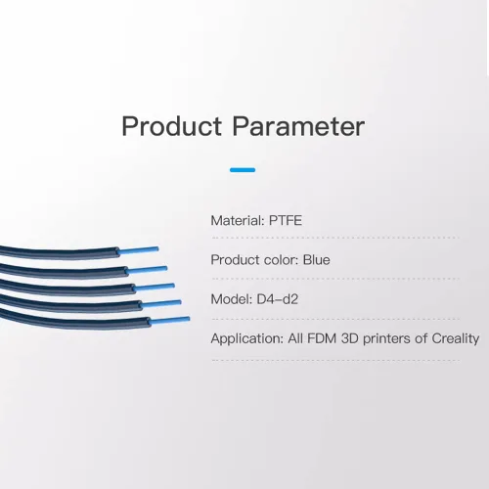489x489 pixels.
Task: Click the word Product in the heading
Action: [x=171, y=126]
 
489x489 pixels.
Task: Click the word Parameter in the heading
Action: [x=298, y=126]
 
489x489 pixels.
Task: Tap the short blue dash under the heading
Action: [x=243, y=170]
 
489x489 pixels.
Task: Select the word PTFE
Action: [x=286, y=221]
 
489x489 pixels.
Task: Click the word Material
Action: [x=238, y=221]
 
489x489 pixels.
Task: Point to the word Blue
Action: [x=317, y=260]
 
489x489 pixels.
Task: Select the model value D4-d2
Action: [x=278, y=299]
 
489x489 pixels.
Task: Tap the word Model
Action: [x=232, y=299]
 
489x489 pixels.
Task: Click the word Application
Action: [x=247, y=339]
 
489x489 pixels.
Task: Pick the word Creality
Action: [x=456, y=339]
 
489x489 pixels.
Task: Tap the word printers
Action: [x=386, y=339]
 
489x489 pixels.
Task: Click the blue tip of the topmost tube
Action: [x=139, y=250]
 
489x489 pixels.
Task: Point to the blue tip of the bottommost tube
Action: [x=170, y=320]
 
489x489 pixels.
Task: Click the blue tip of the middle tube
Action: [x=155, y=288]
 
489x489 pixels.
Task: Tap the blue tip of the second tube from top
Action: [x=147, y=270]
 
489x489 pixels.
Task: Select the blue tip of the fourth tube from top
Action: [x=161, y=303]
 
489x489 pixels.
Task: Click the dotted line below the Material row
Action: [x=335, y=238]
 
